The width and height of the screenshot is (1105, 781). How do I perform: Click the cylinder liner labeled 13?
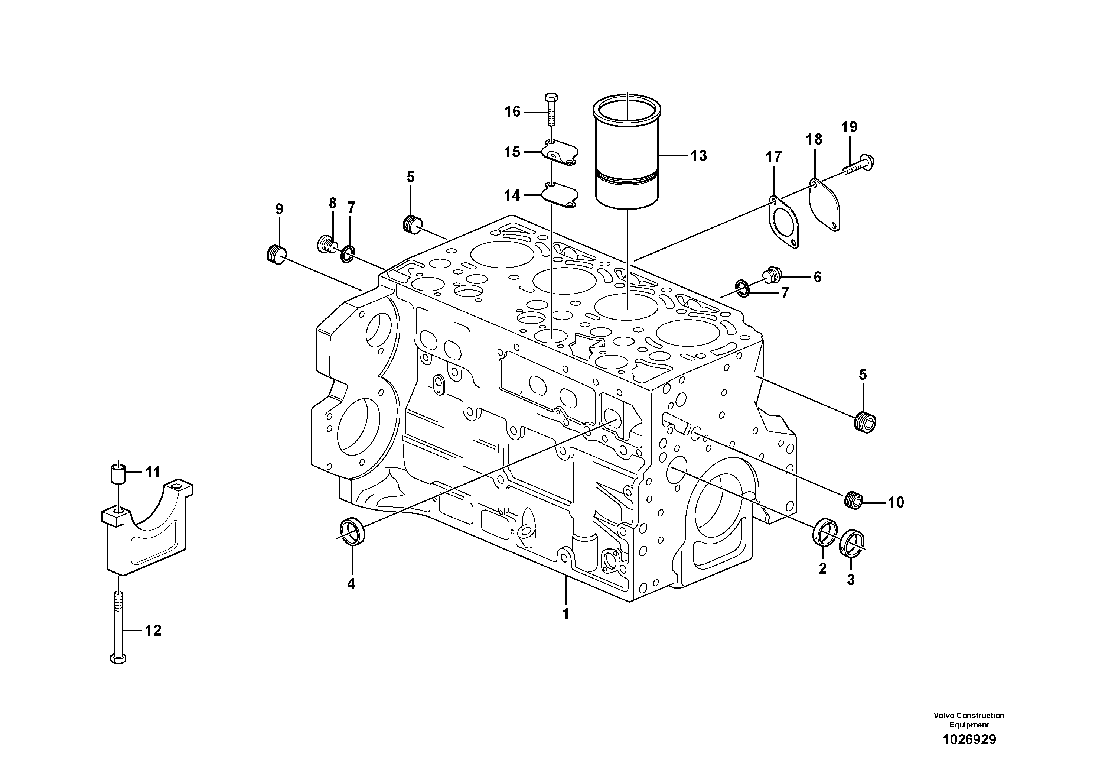point(627,159)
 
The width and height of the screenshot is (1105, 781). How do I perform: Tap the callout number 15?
point(512,152)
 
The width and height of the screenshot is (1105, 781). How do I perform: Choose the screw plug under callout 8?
point(326,244)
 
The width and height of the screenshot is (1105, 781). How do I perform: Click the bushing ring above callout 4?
point(352,531)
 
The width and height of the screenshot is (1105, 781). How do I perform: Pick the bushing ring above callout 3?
point(851,544)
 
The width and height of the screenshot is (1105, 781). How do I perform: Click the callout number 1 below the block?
point(566,614)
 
